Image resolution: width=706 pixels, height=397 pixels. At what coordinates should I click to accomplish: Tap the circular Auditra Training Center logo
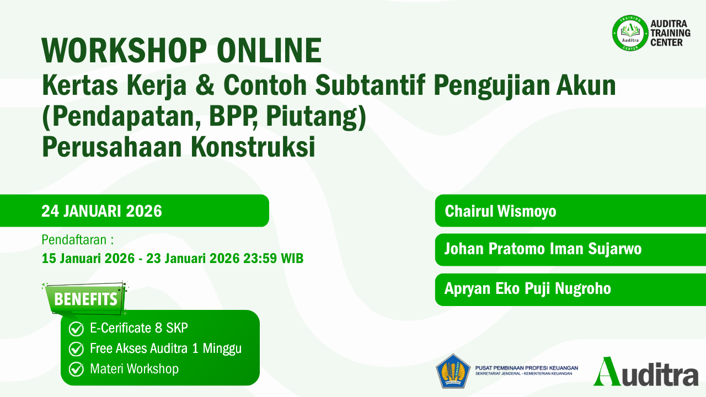[630, 33]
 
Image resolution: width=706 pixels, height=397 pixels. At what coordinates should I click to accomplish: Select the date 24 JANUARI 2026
[101, 211]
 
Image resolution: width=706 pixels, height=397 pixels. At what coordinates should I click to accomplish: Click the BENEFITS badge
[86, 299]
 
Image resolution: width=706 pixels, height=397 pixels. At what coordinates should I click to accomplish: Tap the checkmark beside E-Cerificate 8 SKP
[76, 329]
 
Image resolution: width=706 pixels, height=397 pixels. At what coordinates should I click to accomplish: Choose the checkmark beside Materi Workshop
[76, 369]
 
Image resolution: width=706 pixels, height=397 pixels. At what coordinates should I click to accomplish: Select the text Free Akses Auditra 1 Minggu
[165, 348]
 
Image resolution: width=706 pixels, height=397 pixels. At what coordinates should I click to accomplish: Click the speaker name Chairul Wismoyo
[500, 211]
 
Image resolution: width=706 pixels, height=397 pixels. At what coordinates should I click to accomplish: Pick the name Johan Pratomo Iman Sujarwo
[543, 249]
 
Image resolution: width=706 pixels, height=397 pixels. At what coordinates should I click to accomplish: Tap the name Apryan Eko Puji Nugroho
[528, 288]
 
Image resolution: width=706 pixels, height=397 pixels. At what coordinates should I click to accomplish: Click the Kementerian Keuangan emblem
[453, 370]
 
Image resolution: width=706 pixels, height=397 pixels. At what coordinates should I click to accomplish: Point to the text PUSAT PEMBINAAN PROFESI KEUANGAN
[526, 367]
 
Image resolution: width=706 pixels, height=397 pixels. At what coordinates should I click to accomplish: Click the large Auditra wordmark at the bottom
[646, 372]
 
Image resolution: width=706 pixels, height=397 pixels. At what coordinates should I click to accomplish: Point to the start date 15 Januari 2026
[88, 258]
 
